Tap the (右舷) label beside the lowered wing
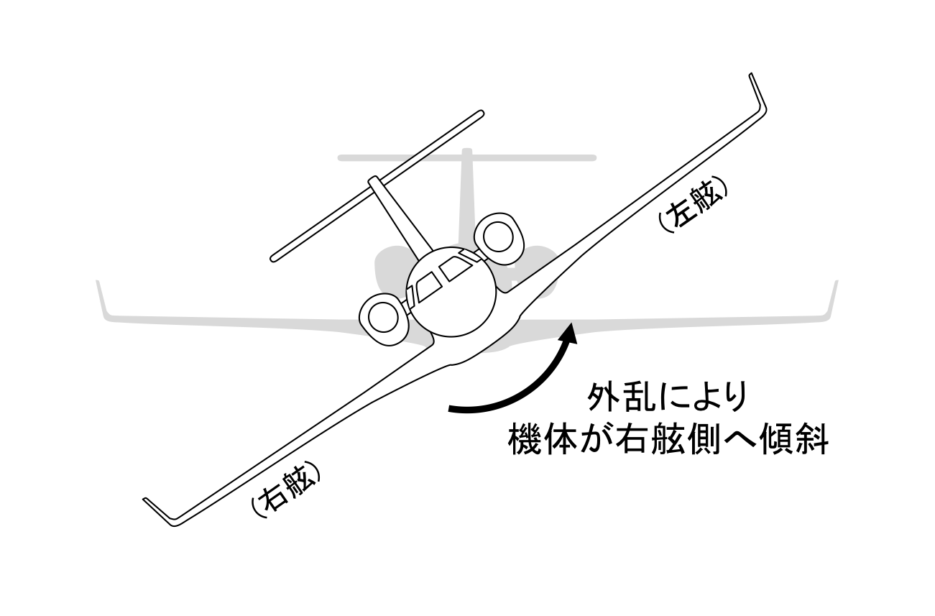pyautogui.click(x=283, y=491)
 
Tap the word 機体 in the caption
pyautogui.click(x=533, y=440)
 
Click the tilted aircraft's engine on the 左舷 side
pyautogui.click(x=498, y=235)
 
